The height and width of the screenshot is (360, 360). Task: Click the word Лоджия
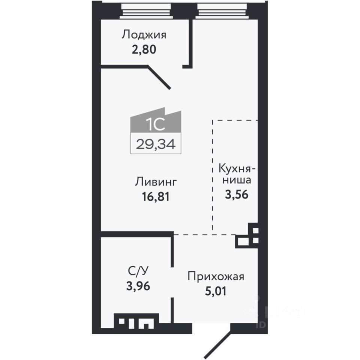pos(144,35)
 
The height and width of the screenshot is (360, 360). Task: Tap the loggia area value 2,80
pos(144,49)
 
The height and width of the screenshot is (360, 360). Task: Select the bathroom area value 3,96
pos(139,286)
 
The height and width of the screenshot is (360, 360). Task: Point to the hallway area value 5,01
pos(216,291)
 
